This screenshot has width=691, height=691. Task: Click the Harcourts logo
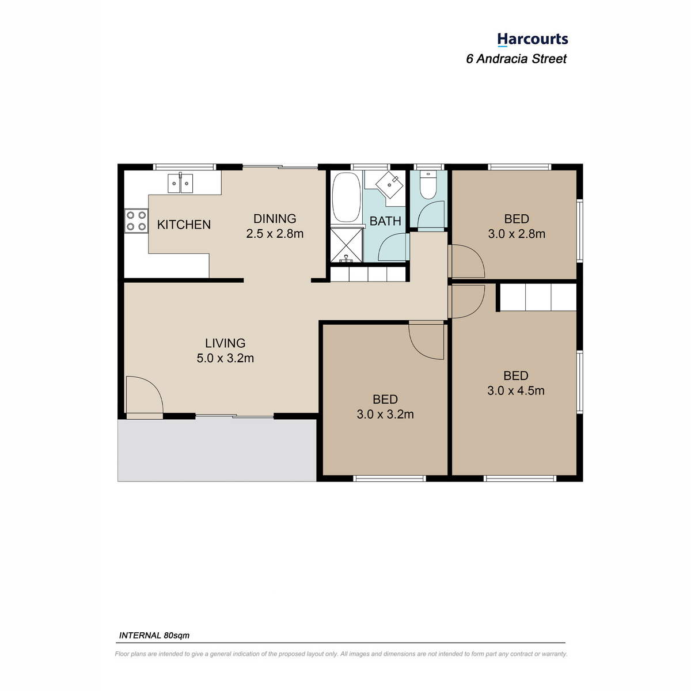[x=532, y=40]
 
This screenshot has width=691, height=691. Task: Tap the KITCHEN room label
[x=184, y=225]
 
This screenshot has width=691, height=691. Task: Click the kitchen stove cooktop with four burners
[x=136, y=221]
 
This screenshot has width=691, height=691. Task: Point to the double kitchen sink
[x=180, y=183]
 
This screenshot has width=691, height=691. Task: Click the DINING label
[x=275, y=218]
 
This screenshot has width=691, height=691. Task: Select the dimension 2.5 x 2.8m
[x=275, y=234]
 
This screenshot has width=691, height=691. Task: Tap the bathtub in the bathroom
[x=346, y=198]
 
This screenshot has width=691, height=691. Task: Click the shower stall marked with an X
[x=346, y=245]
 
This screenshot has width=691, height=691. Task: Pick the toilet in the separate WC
[x=428, y=185]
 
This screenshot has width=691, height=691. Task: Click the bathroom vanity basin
[x=389, y=185]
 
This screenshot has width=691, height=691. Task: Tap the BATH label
[x=385, y=221]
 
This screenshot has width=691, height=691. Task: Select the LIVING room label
[x=225, y=343]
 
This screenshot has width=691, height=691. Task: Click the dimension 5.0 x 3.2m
[x=225, y=358]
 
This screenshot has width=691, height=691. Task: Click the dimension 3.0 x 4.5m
[x=515, y=390]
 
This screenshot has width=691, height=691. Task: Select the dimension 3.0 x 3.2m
[x=385, y=414]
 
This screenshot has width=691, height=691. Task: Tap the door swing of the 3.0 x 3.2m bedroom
[x=426, y=341]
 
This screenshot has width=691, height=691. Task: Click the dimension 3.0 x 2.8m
[x=517, y=234]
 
